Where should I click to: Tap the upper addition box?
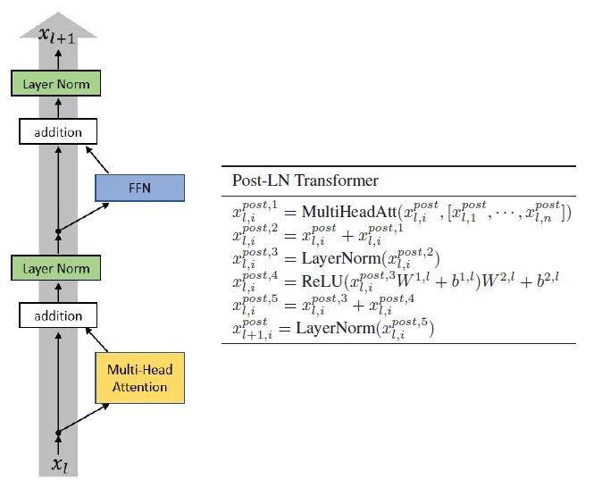click(57, 132)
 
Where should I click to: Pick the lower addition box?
click(57, 315)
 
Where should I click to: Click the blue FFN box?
click(138, 188)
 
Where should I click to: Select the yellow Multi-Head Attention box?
click(138, 379)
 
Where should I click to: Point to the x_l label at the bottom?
click(58, 465)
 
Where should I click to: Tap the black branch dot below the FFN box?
click(58, 231)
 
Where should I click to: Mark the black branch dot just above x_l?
click(58, 433)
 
